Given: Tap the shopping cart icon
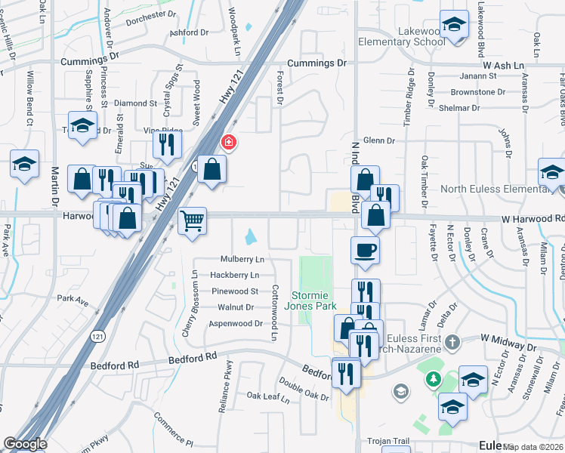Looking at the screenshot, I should (193, 221).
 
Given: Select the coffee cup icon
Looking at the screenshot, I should (365, 250).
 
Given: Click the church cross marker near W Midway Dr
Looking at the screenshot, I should (452, 343).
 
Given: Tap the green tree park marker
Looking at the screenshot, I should (433, 377).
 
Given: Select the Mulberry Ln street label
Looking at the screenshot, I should (242, 260).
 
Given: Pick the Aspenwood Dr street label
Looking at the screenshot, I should (239, 323).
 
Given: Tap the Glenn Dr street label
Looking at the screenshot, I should (379, 140).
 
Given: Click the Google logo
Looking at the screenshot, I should (24, 444).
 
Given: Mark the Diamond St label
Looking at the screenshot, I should (135, 103).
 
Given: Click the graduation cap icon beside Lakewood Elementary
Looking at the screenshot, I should (454, 25).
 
